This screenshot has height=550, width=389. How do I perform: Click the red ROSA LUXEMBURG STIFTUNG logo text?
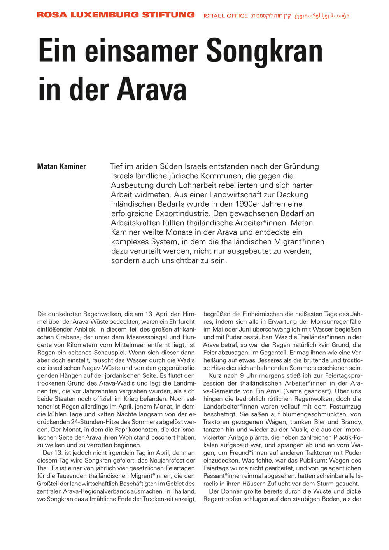(x=116, y=15)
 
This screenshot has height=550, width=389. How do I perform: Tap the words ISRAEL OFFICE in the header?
(x=226, y=16)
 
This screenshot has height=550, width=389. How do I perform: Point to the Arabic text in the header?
(x=322, y=16)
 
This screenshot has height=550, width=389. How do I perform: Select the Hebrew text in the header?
(x=271, y=16)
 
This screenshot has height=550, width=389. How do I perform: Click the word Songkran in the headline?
(x=264, y=52)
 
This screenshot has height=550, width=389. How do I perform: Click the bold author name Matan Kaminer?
(x=61, y=167)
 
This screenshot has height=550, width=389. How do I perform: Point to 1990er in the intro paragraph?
(x=249, y=204)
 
